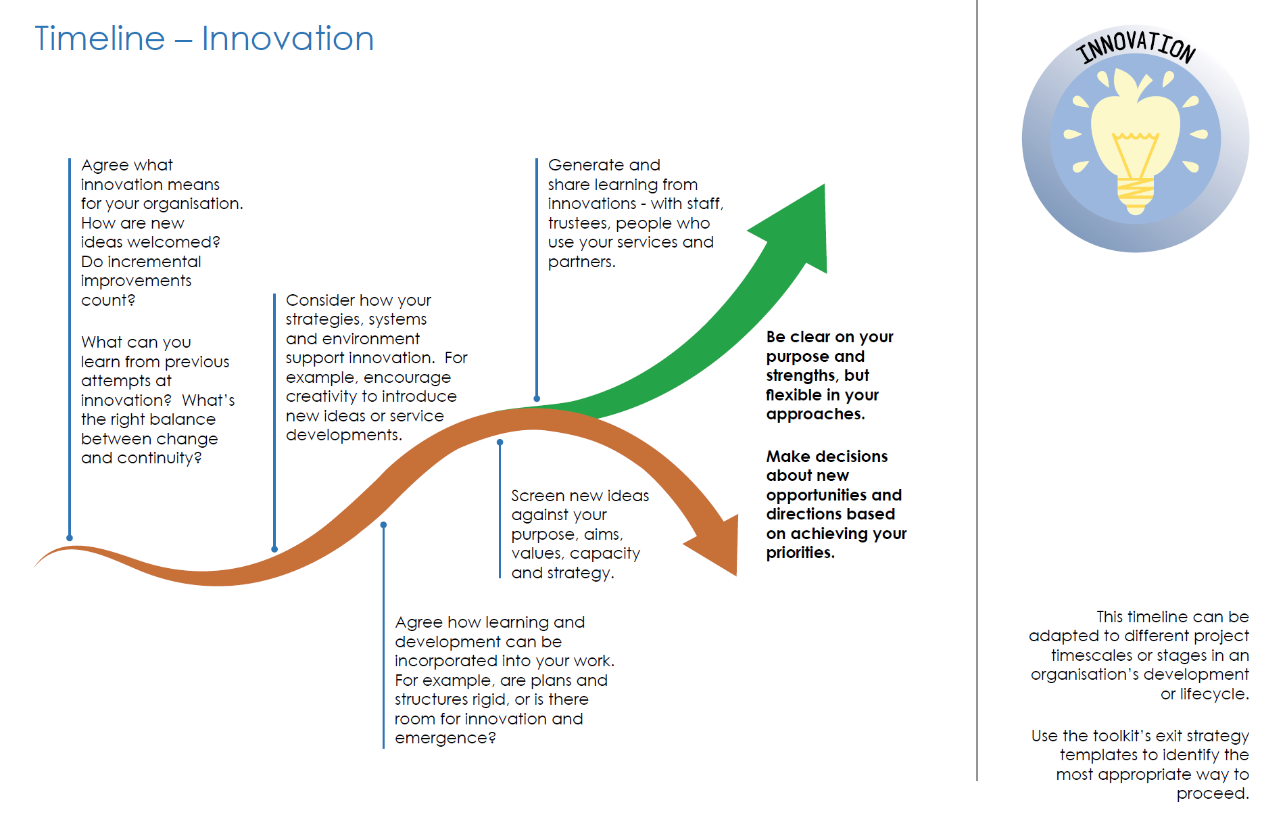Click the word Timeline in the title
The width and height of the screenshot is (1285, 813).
tap(99, 39)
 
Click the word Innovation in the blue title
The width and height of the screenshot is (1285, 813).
tap(288, 39)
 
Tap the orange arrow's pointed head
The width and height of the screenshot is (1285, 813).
tap(735, 575)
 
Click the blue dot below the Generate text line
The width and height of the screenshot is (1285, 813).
tap(537, 399)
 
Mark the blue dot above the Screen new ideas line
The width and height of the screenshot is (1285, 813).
tap(500, 442)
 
